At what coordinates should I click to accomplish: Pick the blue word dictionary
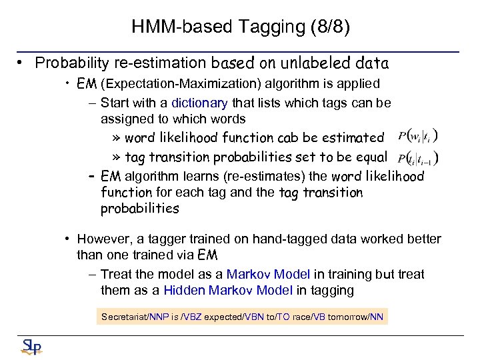(x=199, y=103)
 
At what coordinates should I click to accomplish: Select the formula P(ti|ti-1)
(x=417, y=159)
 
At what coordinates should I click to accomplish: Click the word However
(x=103, y=239)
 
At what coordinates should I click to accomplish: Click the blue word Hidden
(x=185, y=290)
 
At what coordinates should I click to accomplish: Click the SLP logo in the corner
(x=31, y=345)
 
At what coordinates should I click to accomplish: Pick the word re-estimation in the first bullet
(x=163, y=63)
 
